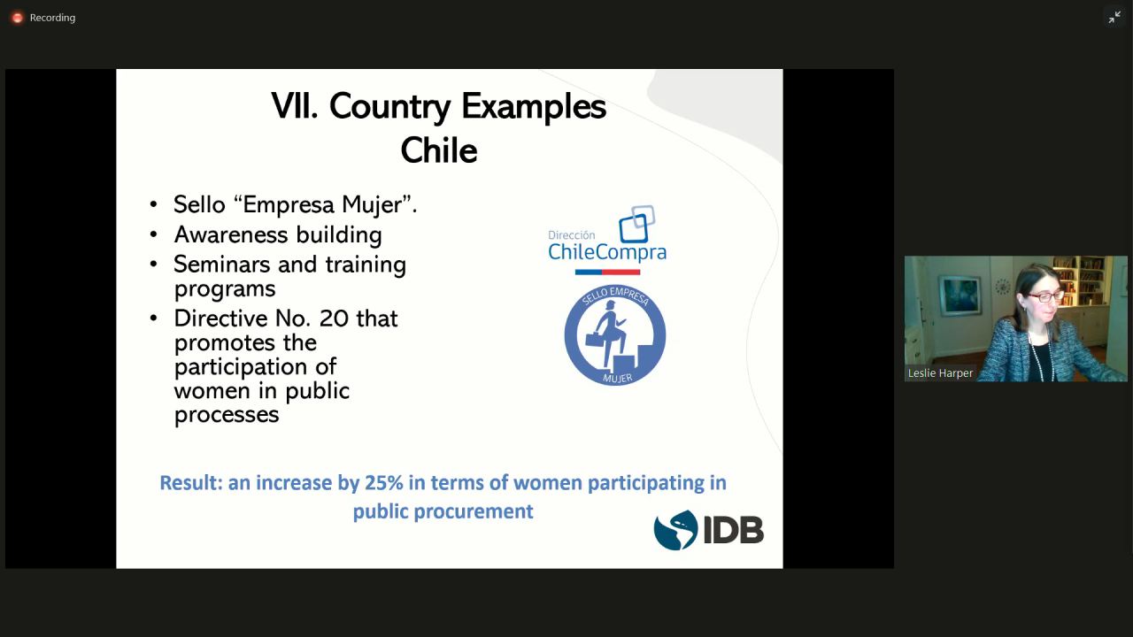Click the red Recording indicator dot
click(x=17, y=18)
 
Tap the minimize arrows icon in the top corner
click(x=1114, y=18)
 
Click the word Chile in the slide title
click(x=439, y=150)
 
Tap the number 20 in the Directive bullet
click(x=334, y=318)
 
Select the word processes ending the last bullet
click(x=227, y=415)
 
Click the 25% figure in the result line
click(x=384, y=483)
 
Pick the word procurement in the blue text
click(x=474, y=511)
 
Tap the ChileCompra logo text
click(x=607, y=252)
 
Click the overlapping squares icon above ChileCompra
click(x=636, y=224)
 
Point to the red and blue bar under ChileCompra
click(x=607, y=272)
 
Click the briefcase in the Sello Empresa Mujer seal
click(x=596, y=338)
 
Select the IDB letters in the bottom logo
click(x=734, y=530)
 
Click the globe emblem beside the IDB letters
click(x=675, y=530)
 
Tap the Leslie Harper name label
click(x=940, y=373)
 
